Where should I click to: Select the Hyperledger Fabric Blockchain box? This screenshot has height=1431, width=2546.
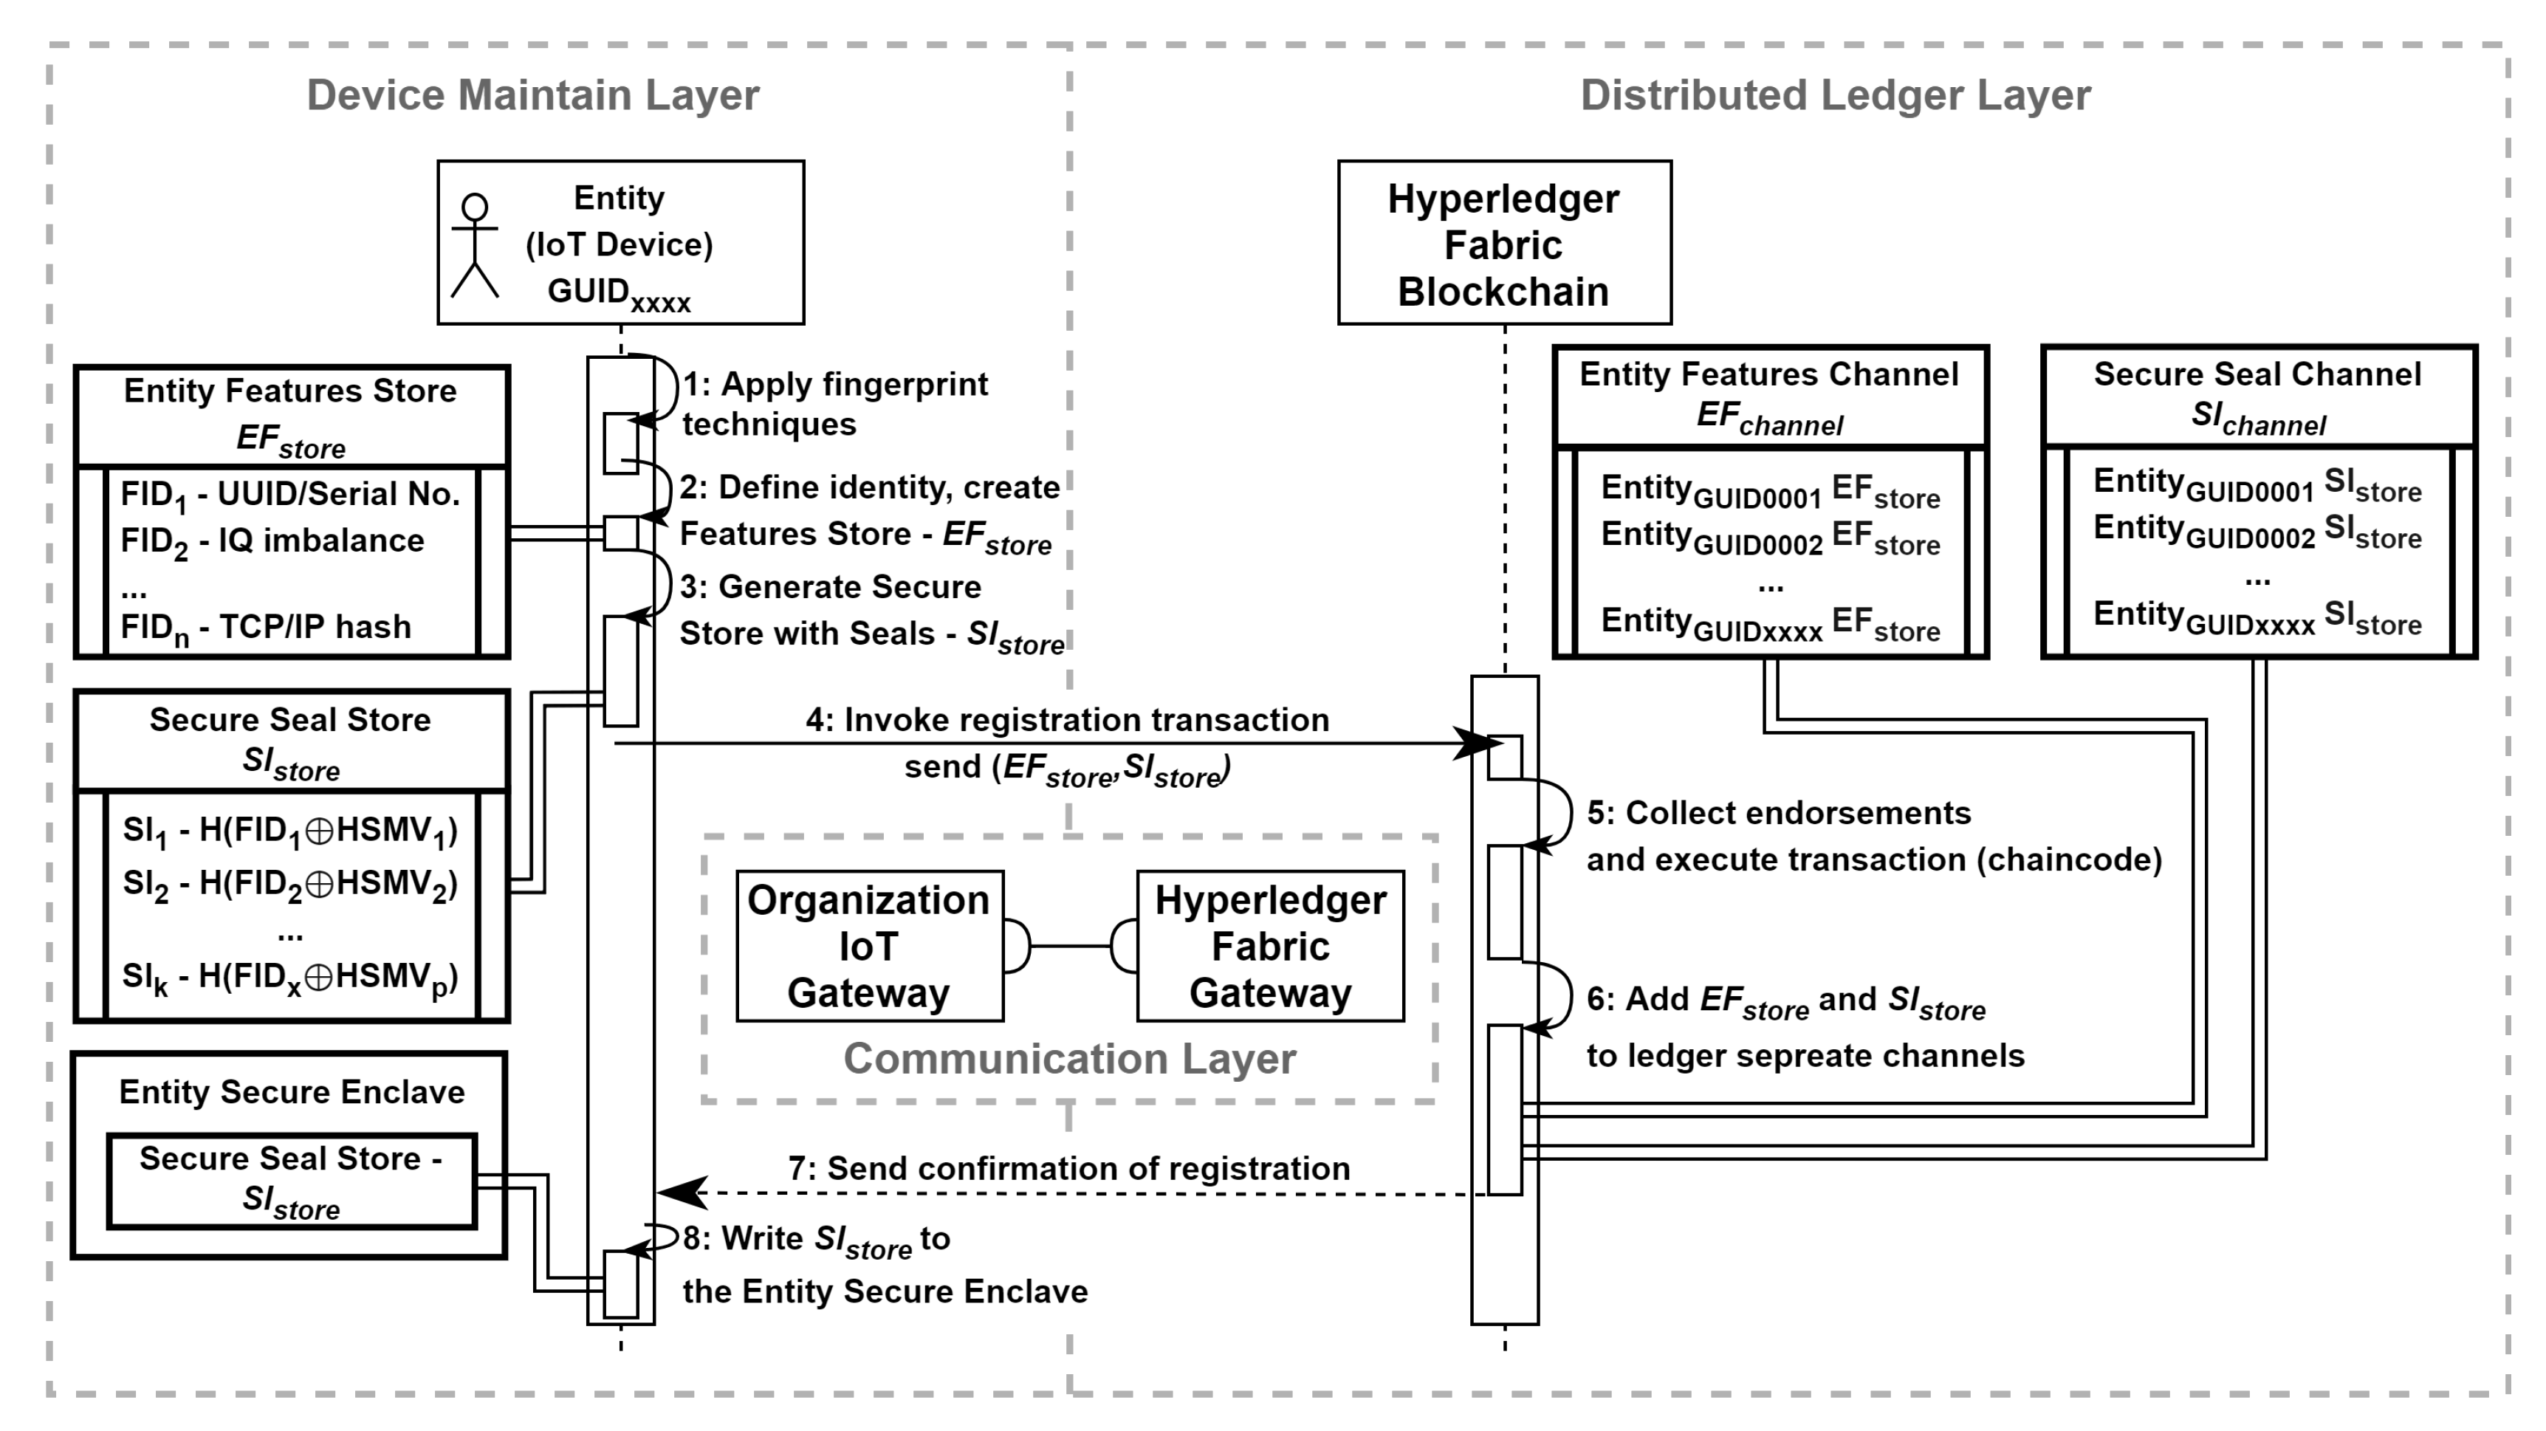pos(1503,243)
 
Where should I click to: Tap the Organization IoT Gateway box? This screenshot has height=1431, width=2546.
pos(870,946)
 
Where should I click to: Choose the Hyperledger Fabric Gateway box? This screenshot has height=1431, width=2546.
pos(1270,946)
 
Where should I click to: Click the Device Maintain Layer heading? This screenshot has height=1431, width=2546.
pos(532,95)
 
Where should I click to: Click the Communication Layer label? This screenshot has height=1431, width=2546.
pos(1068,1058)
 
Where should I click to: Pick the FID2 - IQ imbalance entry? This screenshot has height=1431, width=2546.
pos(272,541)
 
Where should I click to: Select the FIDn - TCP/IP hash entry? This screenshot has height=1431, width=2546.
pos(265,628)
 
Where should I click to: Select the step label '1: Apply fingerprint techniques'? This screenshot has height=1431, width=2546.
pos(835,403)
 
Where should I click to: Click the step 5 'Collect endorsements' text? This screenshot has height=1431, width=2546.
pos(1778,814)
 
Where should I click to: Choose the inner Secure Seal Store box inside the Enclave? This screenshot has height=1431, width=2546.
pos(292,1181)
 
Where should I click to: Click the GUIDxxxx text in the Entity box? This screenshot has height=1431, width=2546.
pos(619,294)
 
